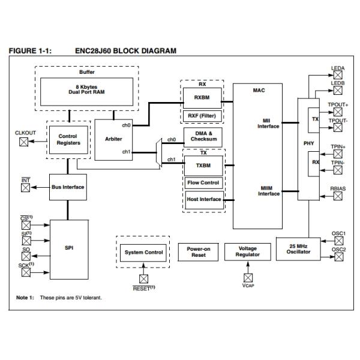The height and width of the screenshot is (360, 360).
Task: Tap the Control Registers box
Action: pyautogui.click(x=68, y=140)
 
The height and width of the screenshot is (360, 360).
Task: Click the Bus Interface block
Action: pyautogui.click(x=68, y=187)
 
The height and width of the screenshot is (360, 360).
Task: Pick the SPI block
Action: pyautogui.click(x=68, y=248)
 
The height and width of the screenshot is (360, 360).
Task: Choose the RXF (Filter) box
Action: pyautogui.click(x=202, y=115)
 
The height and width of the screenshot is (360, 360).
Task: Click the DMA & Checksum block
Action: pyautogui.click(x=202, y=137)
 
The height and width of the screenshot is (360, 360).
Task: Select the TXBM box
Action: pyautogui.click(x=202, y=165)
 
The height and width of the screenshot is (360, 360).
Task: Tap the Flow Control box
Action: pyautogui.click(x=203, y=182)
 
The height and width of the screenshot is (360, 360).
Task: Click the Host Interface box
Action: pyautogui.click(x=203, y=199)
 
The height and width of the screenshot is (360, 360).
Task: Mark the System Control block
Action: pyautogui.click(x=143, y=252)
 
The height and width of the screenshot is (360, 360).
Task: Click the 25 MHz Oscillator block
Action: pyautogui.click(x=299, y=248)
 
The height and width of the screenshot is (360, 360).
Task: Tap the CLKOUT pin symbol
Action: pyautogui.click(x=25, y=142)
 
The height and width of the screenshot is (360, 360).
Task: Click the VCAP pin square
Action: pyautogui.click(x=248, y=278)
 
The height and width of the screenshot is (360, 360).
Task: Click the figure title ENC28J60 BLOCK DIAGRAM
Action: pyautogui.click(x=125, y=51)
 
